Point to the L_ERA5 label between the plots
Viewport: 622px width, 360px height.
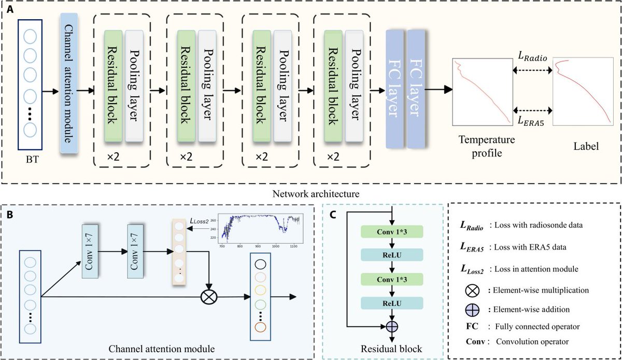[528, 120]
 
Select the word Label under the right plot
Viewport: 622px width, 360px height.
[586, 147]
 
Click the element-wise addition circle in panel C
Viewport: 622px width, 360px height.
[392, 326]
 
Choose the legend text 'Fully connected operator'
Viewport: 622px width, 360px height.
[538, 327]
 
